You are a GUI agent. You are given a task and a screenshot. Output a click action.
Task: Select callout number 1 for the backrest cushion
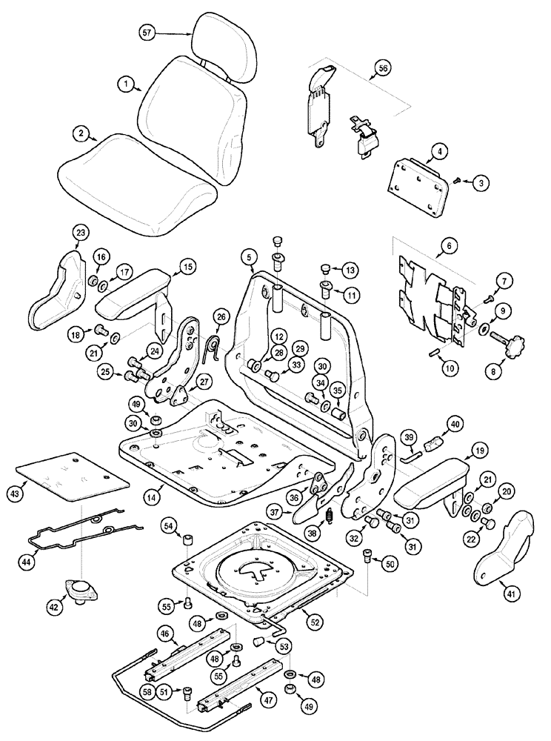(127, 85)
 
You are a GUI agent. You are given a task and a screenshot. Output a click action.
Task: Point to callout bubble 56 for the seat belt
(383, 68)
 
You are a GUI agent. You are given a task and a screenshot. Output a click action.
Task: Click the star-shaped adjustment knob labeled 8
(511, 343)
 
